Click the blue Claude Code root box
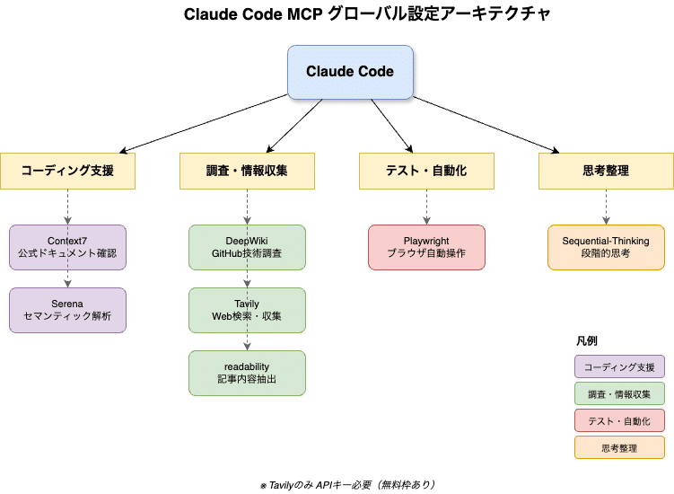tap(349, 72)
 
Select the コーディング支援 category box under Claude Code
tap(67, 171)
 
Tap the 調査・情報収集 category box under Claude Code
tap(247, 171)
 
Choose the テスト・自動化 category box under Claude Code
tap(426, 171)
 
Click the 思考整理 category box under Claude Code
tap(606, 171)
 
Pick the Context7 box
tap(67, 247)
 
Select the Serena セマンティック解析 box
tap(67, 310)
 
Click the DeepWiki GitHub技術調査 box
tap(247, 247)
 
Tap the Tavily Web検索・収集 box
tap(247, 310)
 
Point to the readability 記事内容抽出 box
tap(247, 373)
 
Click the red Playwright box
tap(426, 247)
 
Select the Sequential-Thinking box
tap(606, 247)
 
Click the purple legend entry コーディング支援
tap(619, 366)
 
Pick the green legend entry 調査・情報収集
tap(619, 393)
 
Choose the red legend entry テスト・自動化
tap(619, 420)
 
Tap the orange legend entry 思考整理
tap(619, 447)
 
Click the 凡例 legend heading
tap(586, 341)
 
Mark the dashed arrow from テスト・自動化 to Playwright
tap(426, 207)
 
